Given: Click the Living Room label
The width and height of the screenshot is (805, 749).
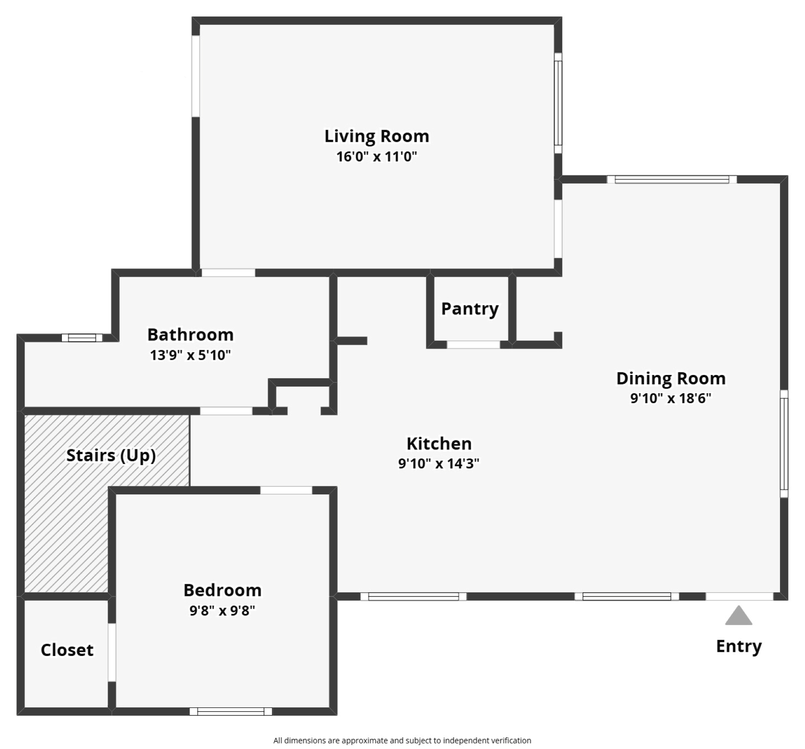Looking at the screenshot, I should (x=377, y=136).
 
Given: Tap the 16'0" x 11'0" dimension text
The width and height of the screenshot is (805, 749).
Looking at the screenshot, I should (x=377, y=157).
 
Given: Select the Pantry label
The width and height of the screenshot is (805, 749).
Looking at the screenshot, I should (x=470, y=309).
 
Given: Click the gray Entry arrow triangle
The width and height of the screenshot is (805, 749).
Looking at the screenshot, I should (x=738, y=617).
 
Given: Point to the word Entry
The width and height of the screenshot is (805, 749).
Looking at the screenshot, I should (x=738, y=647).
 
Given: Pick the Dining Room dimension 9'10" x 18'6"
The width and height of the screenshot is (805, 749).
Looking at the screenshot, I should (x=670, y=398).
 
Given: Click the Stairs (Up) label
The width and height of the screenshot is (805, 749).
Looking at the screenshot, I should (x=111, y=455).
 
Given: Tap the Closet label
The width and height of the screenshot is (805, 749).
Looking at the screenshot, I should (x=67, y=650).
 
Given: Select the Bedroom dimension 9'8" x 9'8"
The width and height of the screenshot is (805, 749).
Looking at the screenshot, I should (x=222, y=610).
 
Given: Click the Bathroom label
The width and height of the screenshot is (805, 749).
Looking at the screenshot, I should (x=191, y=335).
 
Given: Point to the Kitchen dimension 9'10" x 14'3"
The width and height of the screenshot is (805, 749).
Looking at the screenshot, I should (x=439, y=464).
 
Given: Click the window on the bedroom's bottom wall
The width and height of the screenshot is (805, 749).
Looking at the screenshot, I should (x=231, y=711).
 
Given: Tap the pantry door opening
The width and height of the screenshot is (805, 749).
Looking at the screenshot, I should (x=473, y=345).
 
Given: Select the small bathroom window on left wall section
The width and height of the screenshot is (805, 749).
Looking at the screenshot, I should (x=82, y=338).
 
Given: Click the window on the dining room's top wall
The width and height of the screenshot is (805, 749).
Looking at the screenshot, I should (x=672, y=179).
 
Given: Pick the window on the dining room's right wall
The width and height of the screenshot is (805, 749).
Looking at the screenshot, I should (x=784, y=443).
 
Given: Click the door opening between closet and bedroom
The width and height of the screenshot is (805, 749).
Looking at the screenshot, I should (x=112, y=652).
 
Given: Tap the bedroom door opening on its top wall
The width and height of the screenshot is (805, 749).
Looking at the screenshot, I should (x=286, y=490).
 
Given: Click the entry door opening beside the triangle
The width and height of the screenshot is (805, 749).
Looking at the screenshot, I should (x=739, y=596).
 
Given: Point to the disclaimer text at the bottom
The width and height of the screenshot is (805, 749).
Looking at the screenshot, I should (x=402, y=740).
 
